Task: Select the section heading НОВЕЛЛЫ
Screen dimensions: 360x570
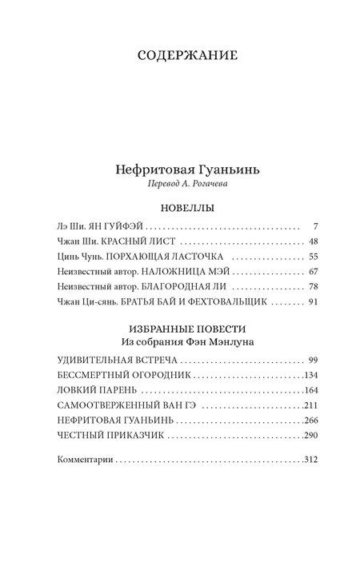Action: coord(180,207)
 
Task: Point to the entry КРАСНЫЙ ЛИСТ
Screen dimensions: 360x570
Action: coord(133,242)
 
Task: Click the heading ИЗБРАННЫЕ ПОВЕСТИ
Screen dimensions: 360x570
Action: coord(180,329)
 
